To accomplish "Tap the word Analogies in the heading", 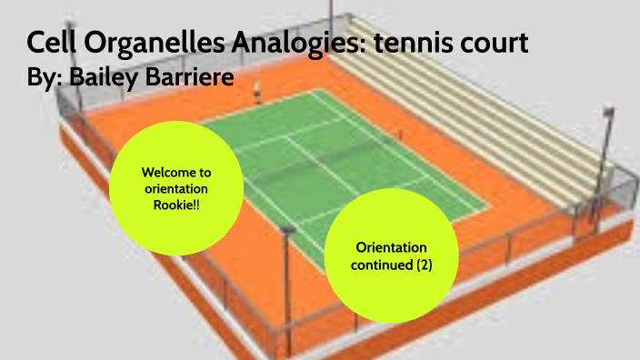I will click(x=284, y=42).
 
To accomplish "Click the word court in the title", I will click(x=491, y=42).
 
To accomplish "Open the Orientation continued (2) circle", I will click(x=391, y=255).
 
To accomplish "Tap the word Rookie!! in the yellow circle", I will click(x=176, y=204).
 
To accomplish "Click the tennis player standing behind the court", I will click(x=258, y=91).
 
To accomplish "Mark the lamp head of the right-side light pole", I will click(x=608, y=113).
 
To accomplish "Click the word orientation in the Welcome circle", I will click(x=176, y=188).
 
